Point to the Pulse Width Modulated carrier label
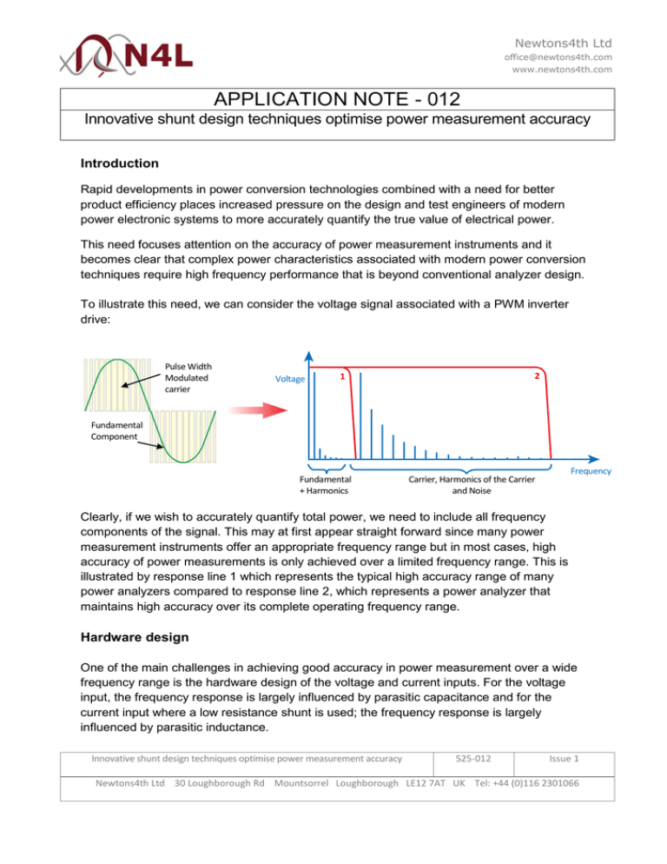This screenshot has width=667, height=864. [x=188, y=378]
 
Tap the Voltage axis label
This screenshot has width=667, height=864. [x=289, y=379]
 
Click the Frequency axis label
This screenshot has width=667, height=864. [x=591, y=471]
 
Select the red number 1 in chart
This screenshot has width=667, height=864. [x=343, y=376]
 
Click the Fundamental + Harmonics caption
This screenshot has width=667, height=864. [x=325, y=484]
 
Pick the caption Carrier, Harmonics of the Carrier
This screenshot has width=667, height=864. [x=471, y=478]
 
